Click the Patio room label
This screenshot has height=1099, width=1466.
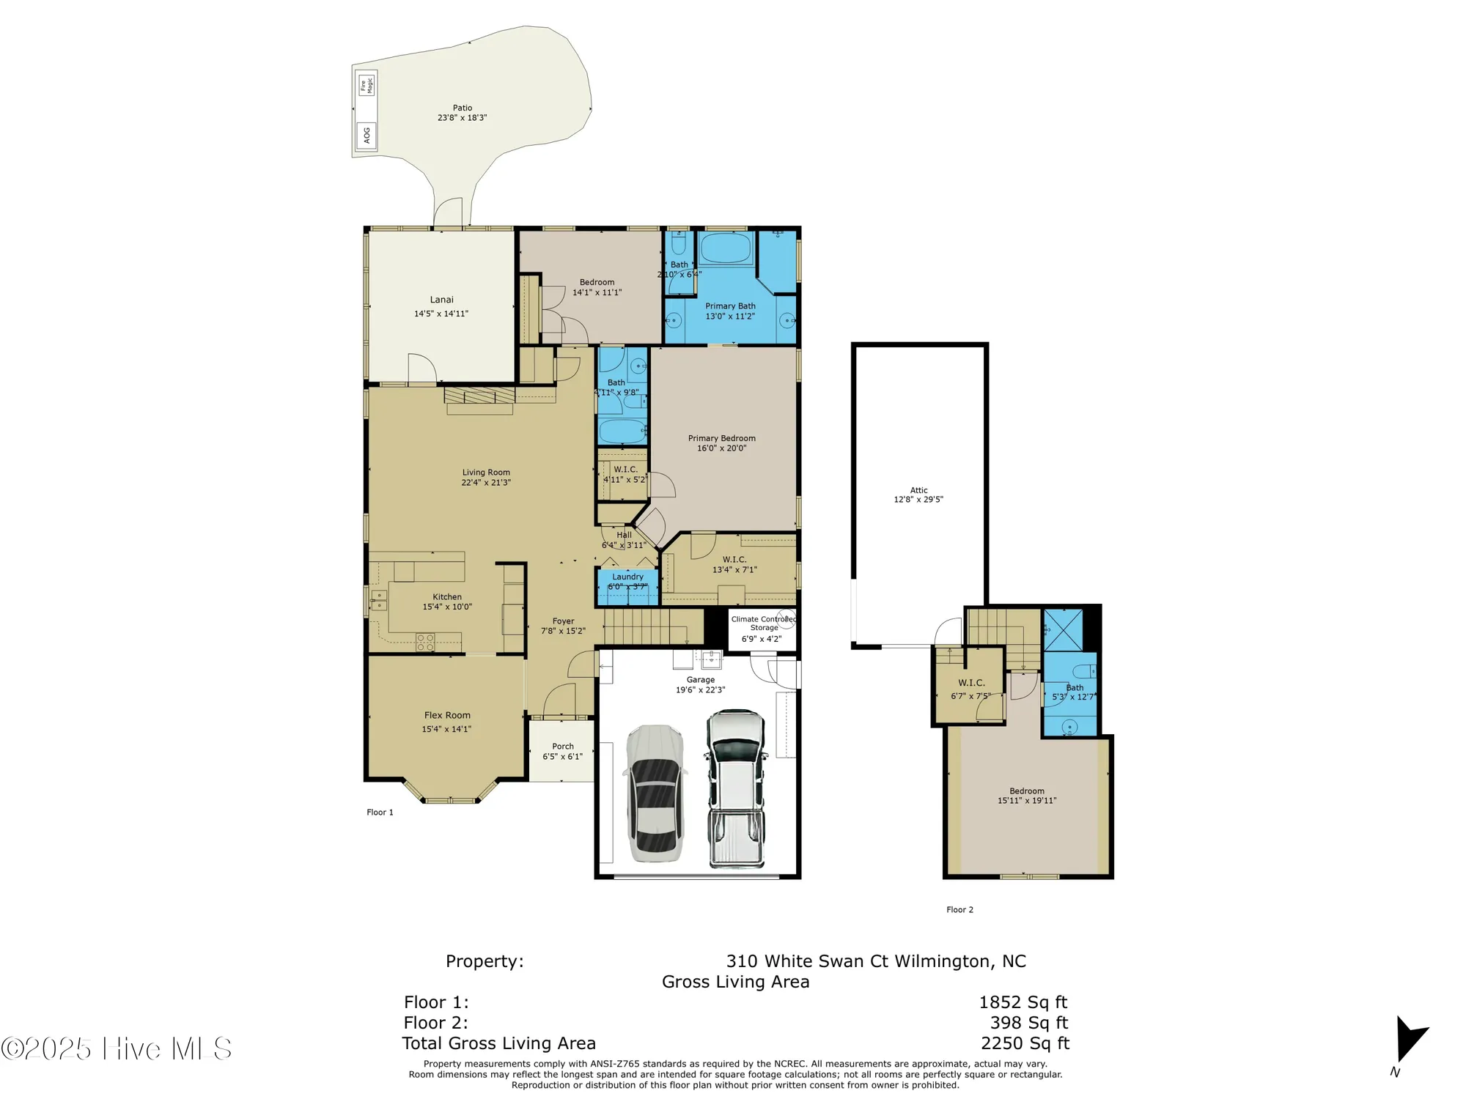pyautogui.click(x=462, y=108)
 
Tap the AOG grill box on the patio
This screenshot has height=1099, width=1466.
pyautogui.click(x=366, y=136)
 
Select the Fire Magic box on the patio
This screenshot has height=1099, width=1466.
pyautogui.click(x=366, y=85)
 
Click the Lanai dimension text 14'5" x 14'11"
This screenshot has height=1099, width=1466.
pyautogui.click(x=441, y=314)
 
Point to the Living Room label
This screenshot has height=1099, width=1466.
pyautogui.click(x=486, y=473)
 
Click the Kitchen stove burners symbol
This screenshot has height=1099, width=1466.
pyautogui.click(x=425, y=643)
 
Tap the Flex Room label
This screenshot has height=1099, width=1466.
pyautogui.click(x=447, y=715)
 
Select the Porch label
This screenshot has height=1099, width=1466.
pyautogui.click(x=563, y=747)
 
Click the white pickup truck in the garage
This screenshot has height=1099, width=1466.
pyautogui.click(x=735, y=788)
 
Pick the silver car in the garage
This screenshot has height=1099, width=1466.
pyautogui.click(x=655, y=793)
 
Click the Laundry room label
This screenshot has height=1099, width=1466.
pyautogui.click(x=627, y=577)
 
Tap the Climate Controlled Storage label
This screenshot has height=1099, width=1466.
pyautogui.click(x=763, y=623)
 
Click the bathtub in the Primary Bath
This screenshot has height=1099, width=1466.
pyautogui.click(x=725, y=248)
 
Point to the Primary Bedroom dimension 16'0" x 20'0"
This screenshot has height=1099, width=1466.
pyautogui.click(x=721, y=448)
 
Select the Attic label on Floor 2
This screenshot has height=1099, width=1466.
pyautogui.click(x=918, y=490)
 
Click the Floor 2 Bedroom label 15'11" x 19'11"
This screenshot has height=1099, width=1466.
pyautogui.click(x=1026, y=796)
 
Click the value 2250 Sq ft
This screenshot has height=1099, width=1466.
pyautogui.click(x=1025, y=1043)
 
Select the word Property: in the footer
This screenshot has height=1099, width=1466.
pyautogui.click(x=485, y=961)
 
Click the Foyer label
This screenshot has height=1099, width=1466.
pyautogui.click(x=563, y=621)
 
